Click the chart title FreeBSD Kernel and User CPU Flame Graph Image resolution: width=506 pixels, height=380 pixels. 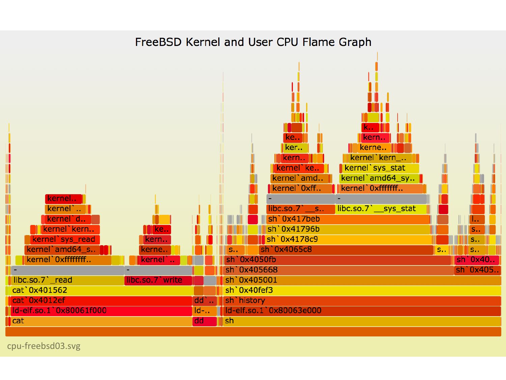(x=253, y=42)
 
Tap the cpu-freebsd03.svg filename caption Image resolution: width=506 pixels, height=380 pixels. (x=44, y=346)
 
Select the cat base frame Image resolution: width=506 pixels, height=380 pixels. (x=101, y=321)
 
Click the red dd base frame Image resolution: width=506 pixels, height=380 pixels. (x=204, y=321)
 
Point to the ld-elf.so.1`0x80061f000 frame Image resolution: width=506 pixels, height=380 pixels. (x=101, y=311)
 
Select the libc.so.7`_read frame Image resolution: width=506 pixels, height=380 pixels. (x=67, y=280)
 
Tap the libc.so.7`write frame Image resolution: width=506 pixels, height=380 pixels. (x=158, y=280)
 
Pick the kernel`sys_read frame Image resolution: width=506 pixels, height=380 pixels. (x=64, y=239)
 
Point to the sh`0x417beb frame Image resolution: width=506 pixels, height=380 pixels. (x=347, y=219)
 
